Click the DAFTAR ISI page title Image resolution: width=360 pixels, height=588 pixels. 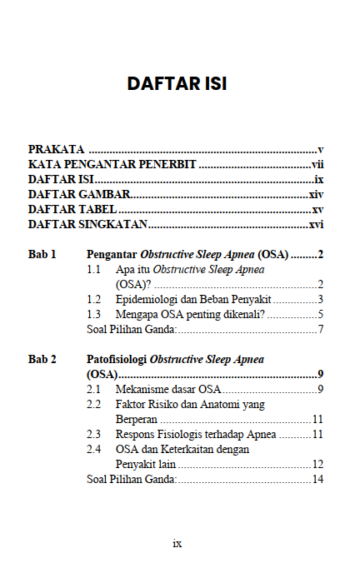tap(177, 84)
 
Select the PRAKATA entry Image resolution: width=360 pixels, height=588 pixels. tap(56, 149)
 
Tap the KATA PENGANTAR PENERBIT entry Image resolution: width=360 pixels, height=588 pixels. tap(112, 164)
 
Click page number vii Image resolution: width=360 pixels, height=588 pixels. tap(317, 164)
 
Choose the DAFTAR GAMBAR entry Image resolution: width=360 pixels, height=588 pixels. tap(80, 194)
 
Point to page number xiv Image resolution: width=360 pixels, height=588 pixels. tap(316, 194)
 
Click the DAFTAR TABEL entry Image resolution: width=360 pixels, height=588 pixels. tap(72, 209)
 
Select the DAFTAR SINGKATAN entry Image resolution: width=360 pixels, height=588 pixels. tap(88, 224)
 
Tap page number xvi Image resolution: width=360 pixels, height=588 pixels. tap(316, 224)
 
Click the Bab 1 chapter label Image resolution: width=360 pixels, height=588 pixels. tap(42, 254)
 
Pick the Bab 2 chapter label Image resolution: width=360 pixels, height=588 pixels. tap(42, 359)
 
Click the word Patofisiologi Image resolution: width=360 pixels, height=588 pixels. tap(117, 359)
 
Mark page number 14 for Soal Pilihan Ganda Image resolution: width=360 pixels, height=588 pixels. tap(317, 479)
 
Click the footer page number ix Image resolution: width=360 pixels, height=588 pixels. tap(177, 543)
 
